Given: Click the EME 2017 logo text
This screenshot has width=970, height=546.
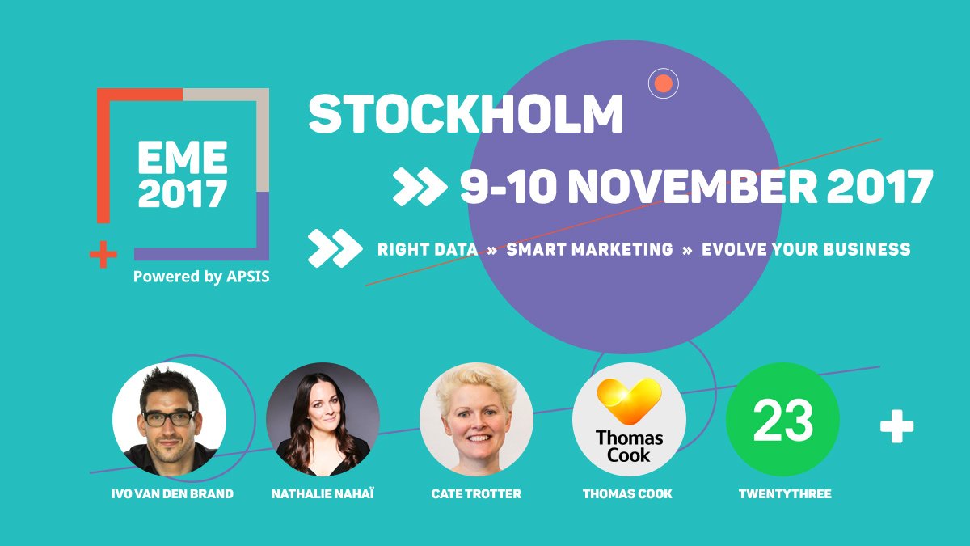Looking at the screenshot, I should tap(182, 175).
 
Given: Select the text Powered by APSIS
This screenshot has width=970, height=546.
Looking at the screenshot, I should tap(201, 277).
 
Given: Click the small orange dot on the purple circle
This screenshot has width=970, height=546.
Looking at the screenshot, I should tap(663, 83).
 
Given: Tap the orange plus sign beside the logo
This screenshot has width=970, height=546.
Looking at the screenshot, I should tap(103, 255).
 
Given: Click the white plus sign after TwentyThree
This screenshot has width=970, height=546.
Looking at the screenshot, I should tap(896, 427).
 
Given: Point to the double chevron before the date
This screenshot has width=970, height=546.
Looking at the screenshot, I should tap(420, 187).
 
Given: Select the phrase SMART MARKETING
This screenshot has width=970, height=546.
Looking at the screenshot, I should tap(589, 249).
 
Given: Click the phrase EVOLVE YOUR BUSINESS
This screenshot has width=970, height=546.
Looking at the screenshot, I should tap(806, 249).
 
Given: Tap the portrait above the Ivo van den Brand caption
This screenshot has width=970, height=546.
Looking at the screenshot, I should tap(169, 419).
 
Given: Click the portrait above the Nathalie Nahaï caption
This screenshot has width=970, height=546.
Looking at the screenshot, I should tap(323, 419).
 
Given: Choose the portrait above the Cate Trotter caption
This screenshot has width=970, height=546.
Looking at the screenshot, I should tap(476, 419).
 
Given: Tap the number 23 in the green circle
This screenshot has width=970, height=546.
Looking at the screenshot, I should tap(782, 421).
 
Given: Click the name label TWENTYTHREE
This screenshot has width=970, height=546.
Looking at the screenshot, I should tap(784, 493).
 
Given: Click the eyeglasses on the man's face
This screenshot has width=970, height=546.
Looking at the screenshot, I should tap(169, 418).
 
